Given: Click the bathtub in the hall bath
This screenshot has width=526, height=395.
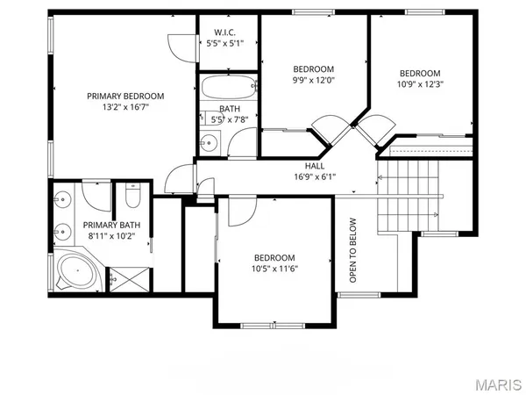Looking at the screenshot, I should (228, 88).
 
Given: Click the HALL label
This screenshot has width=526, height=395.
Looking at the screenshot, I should (315, 165).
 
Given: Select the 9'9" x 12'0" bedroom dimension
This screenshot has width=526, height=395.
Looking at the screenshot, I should (314, 82).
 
